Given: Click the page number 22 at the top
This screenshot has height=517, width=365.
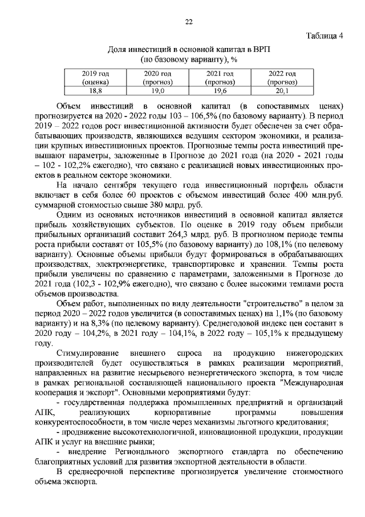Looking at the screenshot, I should click(x=189, y=22).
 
